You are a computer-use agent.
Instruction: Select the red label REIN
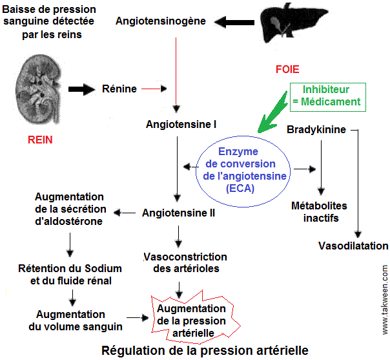tap(40, 138)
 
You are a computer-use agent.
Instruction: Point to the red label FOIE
tap(287, 69)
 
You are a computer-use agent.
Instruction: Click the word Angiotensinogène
tap(161, 21)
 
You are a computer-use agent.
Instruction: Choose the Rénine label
tap(119, 89)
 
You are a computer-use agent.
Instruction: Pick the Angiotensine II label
tap(179, 212)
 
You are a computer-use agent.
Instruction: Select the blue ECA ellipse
tap(238, 169)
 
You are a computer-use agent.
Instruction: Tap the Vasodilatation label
tap(353, 246)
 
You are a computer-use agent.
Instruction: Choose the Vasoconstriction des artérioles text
tap(185, 262)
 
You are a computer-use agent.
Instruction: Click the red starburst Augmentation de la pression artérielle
tap(191, 321)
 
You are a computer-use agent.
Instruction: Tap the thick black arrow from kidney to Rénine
tap(81, 89)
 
